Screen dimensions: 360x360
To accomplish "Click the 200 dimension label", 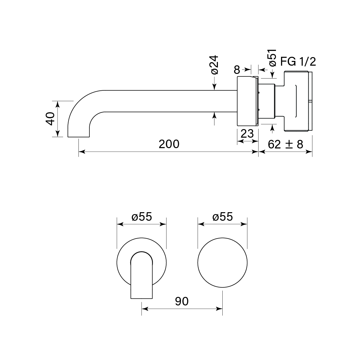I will coord(169,144).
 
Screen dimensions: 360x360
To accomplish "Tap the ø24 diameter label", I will coord(214,65).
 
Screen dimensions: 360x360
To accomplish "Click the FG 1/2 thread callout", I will coord(298,62).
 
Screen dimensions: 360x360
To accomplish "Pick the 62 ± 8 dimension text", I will coord(285,144).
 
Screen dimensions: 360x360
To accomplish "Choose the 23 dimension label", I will coord(247,134).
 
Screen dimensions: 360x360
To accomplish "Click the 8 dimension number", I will coord(237,69).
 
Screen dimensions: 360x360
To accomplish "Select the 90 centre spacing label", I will coord(182,301).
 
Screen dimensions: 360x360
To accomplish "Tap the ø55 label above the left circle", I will coord(142,217).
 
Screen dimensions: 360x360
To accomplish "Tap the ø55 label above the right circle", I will coord(222,217).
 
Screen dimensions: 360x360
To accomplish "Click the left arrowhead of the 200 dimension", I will coord(81,152).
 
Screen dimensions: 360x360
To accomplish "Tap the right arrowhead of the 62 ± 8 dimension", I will coord(310,152).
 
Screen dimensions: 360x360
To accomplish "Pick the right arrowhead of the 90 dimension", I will coord(220,309).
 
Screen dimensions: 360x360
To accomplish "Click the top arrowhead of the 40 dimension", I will coord(57,103).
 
